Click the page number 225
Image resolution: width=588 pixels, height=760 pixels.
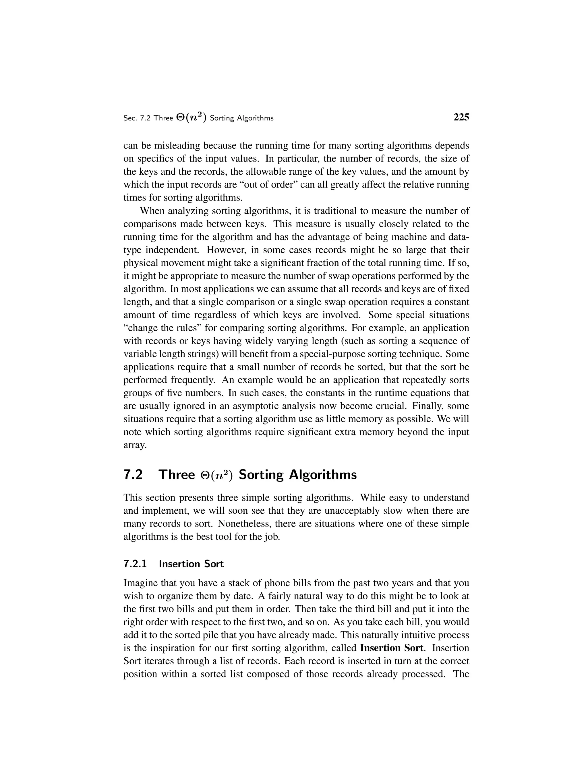coord(461,117)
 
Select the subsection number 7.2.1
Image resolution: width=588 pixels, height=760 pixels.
coord(135,564)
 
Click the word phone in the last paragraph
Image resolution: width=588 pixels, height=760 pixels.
coord(277,583)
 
